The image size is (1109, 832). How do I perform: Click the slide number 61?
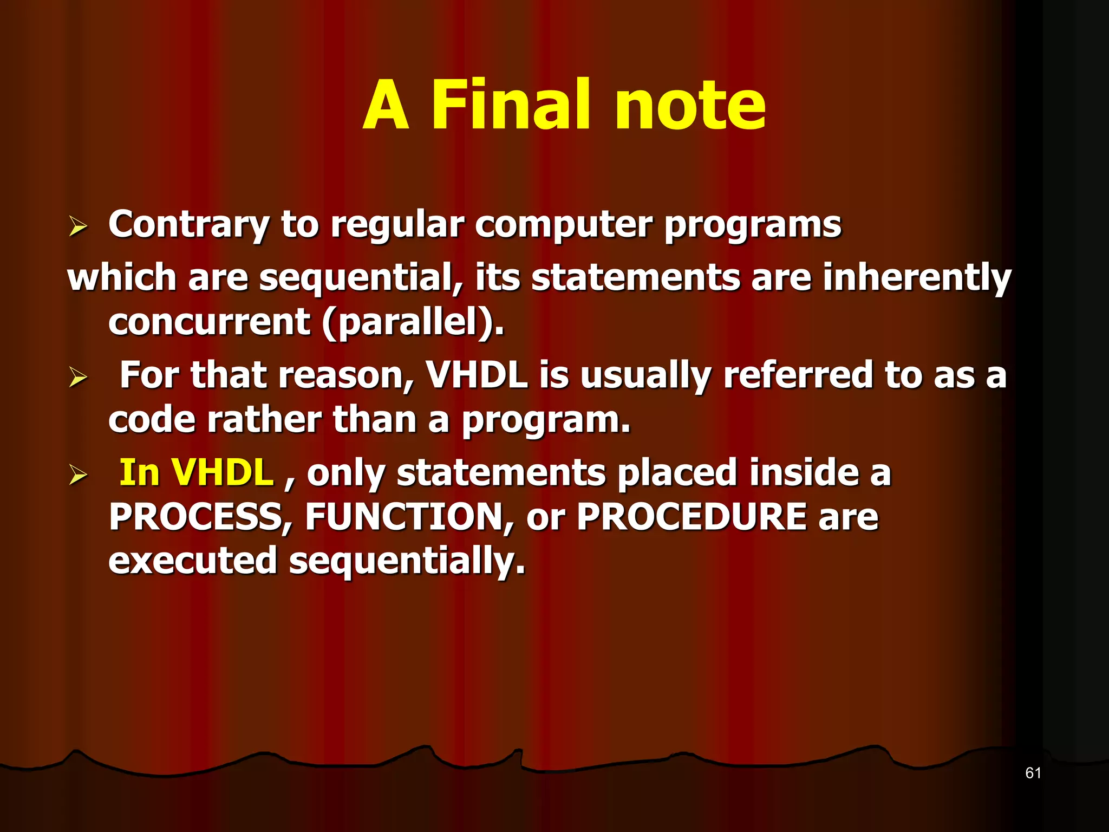(1033, 773)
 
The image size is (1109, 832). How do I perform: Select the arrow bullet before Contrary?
(78, 226)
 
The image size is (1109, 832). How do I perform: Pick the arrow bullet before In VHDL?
(78, 474)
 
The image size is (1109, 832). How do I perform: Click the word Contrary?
(188, 225)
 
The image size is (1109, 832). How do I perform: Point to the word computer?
(563, 225)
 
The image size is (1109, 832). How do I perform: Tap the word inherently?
(916, 278)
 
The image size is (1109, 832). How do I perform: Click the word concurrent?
(209, 322)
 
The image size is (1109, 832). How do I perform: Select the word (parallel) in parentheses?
(413, 322)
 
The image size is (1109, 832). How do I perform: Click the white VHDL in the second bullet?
(477, 375)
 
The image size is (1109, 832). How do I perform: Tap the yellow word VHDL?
(223, 472)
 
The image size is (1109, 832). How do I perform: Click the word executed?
(193, 561)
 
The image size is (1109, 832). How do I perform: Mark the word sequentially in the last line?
(407, 562)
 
